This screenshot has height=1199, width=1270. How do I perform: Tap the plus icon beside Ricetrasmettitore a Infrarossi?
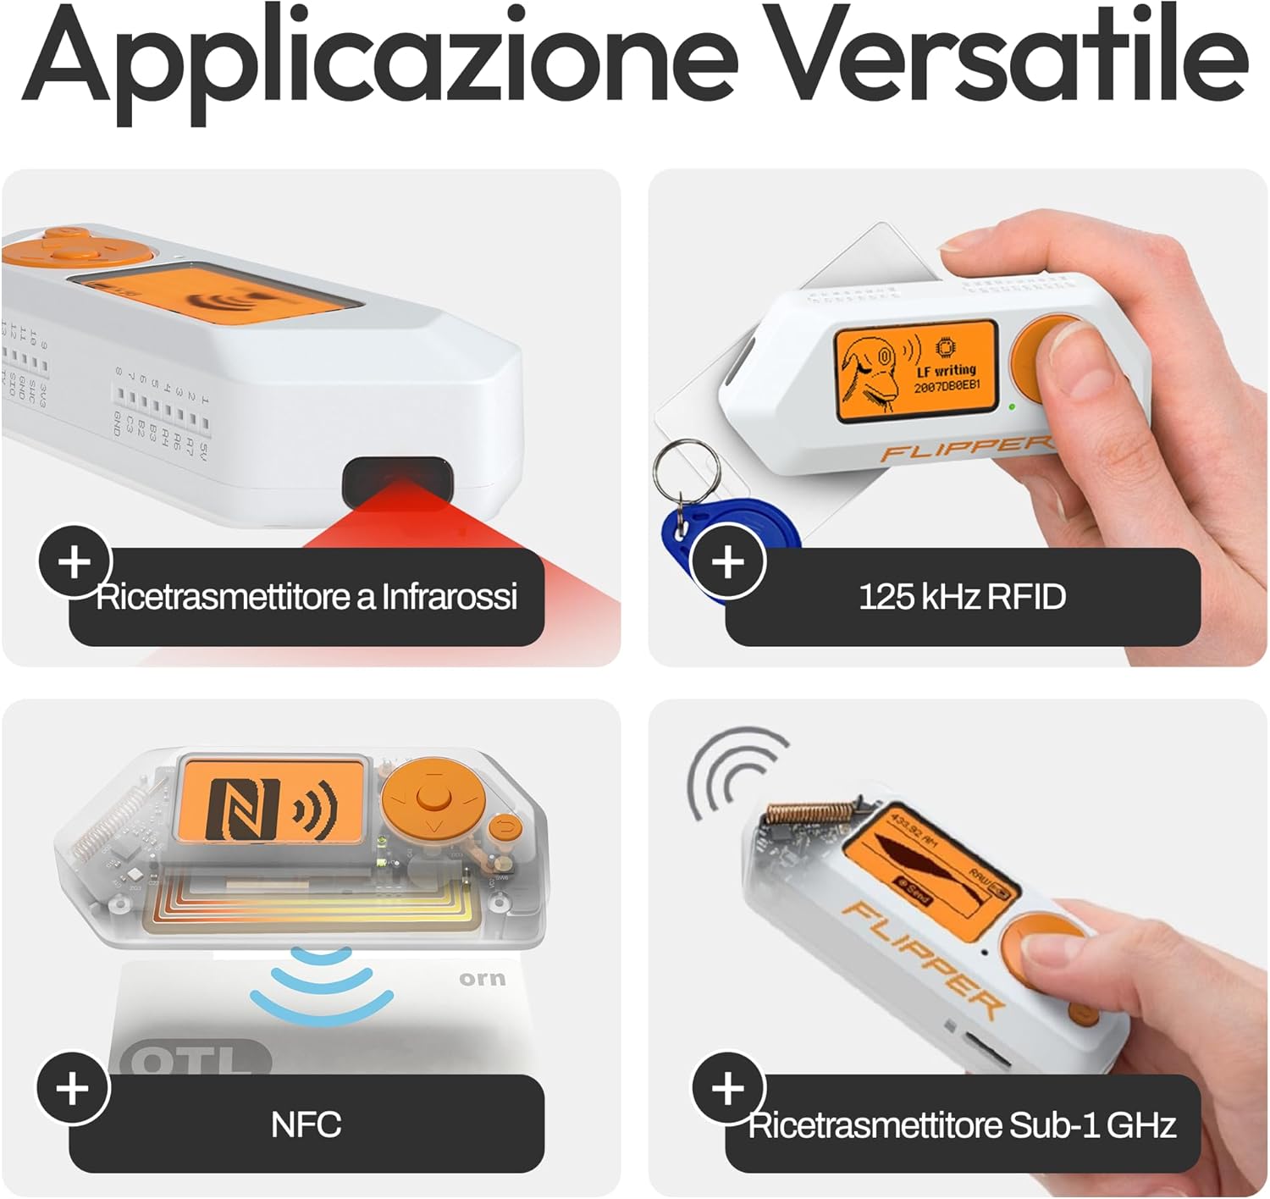[75, 561]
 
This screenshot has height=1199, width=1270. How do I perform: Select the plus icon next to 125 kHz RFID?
[728, 561]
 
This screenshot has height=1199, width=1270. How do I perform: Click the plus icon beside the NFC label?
[73, 1089]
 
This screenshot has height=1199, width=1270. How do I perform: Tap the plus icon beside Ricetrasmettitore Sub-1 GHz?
[728, 1089]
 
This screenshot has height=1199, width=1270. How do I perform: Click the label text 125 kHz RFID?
[962, 597]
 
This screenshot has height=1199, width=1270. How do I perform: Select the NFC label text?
[306, 1125]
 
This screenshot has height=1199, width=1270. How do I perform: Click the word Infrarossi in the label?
[449, 597]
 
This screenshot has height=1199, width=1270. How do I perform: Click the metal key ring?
[687, 474]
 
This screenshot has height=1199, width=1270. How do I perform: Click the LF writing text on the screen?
[947, 371]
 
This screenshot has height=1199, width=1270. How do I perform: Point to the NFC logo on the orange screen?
[243, 808]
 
